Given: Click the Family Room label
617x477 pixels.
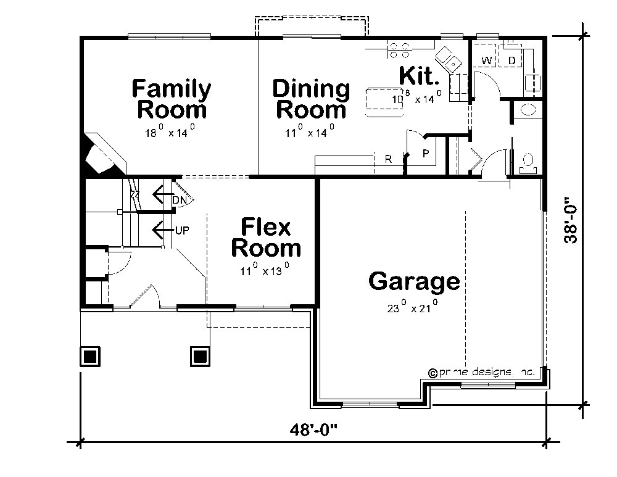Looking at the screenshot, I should pos(171,99).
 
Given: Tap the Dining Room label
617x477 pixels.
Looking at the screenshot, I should pos(311,99).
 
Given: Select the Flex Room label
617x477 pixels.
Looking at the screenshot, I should pos(266,238).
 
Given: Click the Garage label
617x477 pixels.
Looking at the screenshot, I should pos(414,281).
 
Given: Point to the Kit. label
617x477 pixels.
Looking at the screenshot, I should pos(420,76).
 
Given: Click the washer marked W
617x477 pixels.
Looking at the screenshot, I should pos(487,60).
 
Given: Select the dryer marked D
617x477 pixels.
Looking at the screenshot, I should pos(511,60).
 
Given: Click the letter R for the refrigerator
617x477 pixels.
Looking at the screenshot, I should pos(388,159).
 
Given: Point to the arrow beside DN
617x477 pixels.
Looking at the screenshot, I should pos(162,196).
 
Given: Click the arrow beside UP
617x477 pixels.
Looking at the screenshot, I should pos(162,230).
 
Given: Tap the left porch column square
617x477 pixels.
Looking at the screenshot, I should pos(90,356).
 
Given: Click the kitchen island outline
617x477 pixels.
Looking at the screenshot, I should pos(387,101).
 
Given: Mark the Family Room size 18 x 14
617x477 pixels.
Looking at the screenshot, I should pos(172,131).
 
